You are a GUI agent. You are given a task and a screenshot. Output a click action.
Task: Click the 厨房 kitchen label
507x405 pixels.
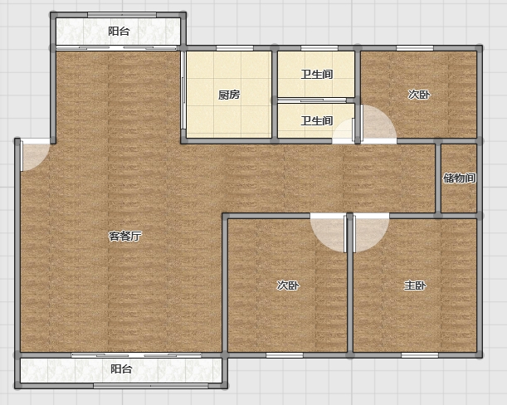(229, 95)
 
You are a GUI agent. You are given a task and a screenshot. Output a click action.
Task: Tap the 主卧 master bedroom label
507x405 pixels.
(415, 285)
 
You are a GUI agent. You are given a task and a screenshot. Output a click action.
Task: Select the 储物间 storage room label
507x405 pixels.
(459, 178)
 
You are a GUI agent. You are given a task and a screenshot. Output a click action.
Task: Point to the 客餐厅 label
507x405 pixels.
(124, 237)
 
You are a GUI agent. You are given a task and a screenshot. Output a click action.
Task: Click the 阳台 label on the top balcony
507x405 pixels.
(119, 32)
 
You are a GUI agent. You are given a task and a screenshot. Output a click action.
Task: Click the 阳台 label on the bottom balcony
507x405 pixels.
(121, 368)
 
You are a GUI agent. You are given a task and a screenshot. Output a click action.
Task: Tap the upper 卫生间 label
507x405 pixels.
(316, 74)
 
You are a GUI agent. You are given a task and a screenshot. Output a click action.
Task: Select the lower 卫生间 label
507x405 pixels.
(316, 120)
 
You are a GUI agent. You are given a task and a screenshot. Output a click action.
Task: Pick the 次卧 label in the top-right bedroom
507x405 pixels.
(419, 95)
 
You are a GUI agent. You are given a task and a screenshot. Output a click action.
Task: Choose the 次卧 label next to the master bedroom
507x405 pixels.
(288, 285)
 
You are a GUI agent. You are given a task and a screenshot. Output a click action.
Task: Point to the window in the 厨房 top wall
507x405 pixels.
(235, 48)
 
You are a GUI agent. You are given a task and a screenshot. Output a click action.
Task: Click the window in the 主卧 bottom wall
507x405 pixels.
(420, 355)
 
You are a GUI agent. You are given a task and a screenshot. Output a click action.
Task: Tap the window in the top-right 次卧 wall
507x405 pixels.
(415, 48)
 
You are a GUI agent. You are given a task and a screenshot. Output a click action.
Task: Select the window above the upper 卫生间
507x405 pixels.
(319, 48)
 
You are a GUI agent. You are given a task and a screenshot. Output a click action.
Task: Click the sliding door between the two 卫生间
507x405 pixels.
(312, 100)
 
